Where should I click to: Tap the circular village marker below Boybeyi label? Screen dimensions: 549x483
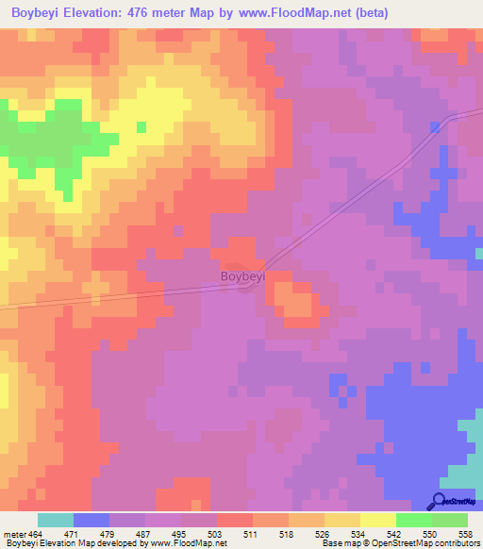click(244, 284)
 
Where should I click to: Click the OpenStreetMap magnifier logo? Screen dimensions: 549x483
click(438, 501)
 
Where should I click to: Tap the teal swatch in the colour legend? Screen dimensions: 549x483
click(56, 521)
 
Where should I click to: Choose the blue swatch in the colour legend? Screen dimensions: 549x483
click(92, 521)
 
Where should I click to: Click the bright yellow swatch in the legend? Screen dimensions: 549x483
click(377, 521)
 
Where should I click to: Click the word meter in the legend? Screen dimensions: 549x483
click(12, 535)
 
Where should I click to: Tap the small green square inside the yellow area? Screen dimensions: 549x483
click(142, 127)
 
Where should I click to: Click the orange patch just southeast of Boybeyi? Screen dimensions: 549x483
click(295, 304)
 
